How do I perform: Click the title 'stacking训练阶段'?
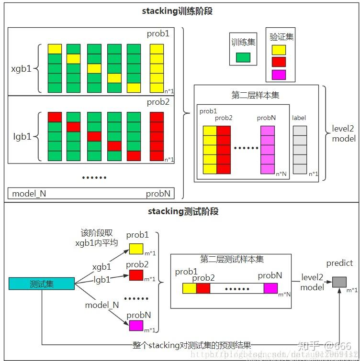(x=177, y=12)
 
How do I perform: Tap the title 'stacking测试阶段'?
(x=177, y=211)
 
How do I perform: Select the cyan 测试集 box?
(x=42, y=284)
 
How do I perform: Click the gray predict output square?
(x=339, y=282)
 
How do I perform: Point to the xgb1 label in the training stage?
(x=21, y=68)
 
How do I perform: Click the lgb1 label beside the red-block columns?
(x=22, y=136)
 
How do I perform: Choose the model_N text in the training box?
(x=29, y=194)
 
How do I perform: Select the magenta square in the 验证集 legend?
(x=278, y=75)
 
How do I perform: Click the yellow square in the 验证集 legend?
(x=278, y=50)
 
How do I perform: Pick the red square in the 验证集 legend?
(x=278, y=62)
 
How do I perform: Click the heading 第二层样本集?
(x=255, y=95)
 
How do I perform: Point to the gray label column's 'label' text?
(x=299, y=118)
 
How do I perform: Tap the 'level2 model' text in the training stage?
(x=343, y=134)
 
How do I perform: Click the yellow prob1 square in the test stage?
(x=136, y=249)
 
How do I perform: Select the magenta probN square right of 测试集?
(x=136, y=326)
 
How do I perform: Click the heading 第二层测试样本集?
(x=232, y=260)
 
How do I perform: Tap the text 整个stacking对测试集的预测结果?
(x=192, y=345)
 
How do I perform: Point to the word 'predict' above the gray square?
(x=339, y=263)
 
